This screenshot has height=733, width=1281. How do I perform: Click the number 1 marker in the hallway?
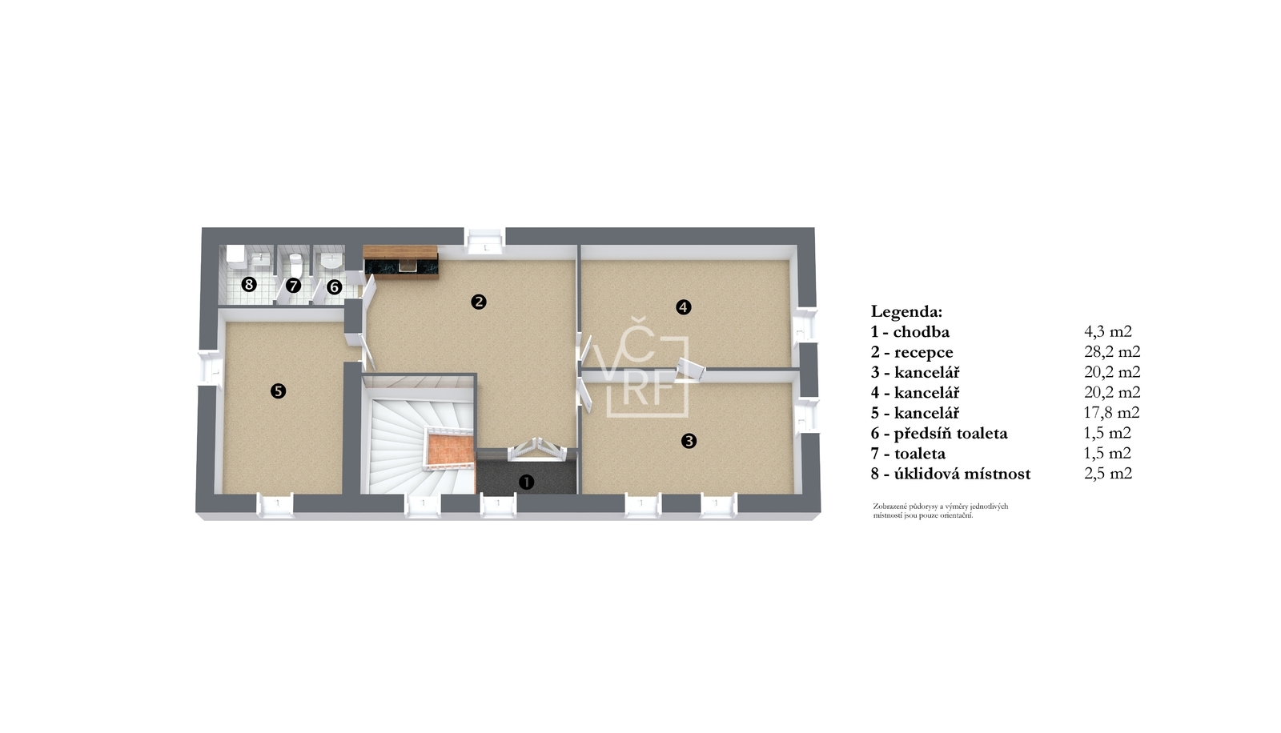(x=526, y=482)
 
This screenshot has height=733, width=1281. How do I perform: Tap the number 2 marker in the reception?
(x=479, y=302)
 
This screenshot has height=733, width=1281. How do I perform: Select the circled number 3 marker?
(x=689, y=441)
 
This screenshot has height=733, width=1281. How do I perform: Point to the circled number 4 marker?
(x=684, y=307)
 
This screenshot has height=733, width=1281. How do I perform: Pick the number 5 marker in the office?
(x=278, y=391)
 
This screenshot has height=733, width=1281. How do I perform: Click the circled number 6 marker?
(x=334, y=287)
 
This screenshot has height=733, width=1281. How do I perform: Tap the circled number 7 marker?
(x=293, y=286)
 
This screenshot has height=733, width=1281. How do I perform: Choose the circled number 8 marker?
(x=249, y=283)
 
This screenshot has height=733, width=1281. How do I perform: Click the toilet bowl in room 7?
(x=295, y=265)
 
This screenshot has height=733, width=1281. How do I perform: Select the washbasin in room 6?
(x=331, y=261)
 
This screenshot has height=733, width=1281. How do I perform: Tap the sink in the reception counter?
(x=407, y=266)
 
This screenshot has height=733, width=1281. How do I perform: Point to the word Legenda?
(x=906, y=312)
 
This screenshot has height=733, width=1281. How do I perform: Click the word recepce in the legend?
(x=924, y=352)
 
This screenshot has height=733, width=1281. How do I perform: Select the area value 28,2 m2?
(x=1112, y=351)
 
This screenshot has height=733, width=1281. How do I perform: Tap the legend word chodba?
(x=922, y=331)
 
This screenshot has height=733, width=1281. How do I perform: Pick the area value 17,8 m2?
(x=1112, y=412)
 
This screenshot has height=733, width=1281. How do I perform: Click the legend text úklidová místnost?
(x=962, y=474)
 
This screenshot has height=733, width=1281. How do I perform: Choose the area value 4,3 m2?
(x=1108, y=331)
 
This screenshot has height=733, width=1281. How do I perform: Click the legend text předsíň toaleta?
(x=950, y=434)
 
